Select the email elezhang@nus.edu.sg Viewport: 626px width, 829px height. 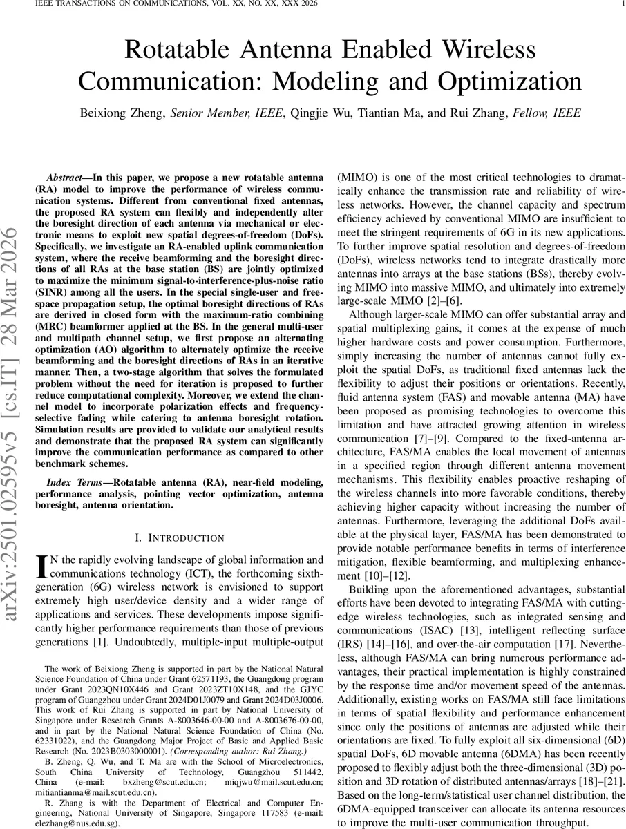76,823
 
